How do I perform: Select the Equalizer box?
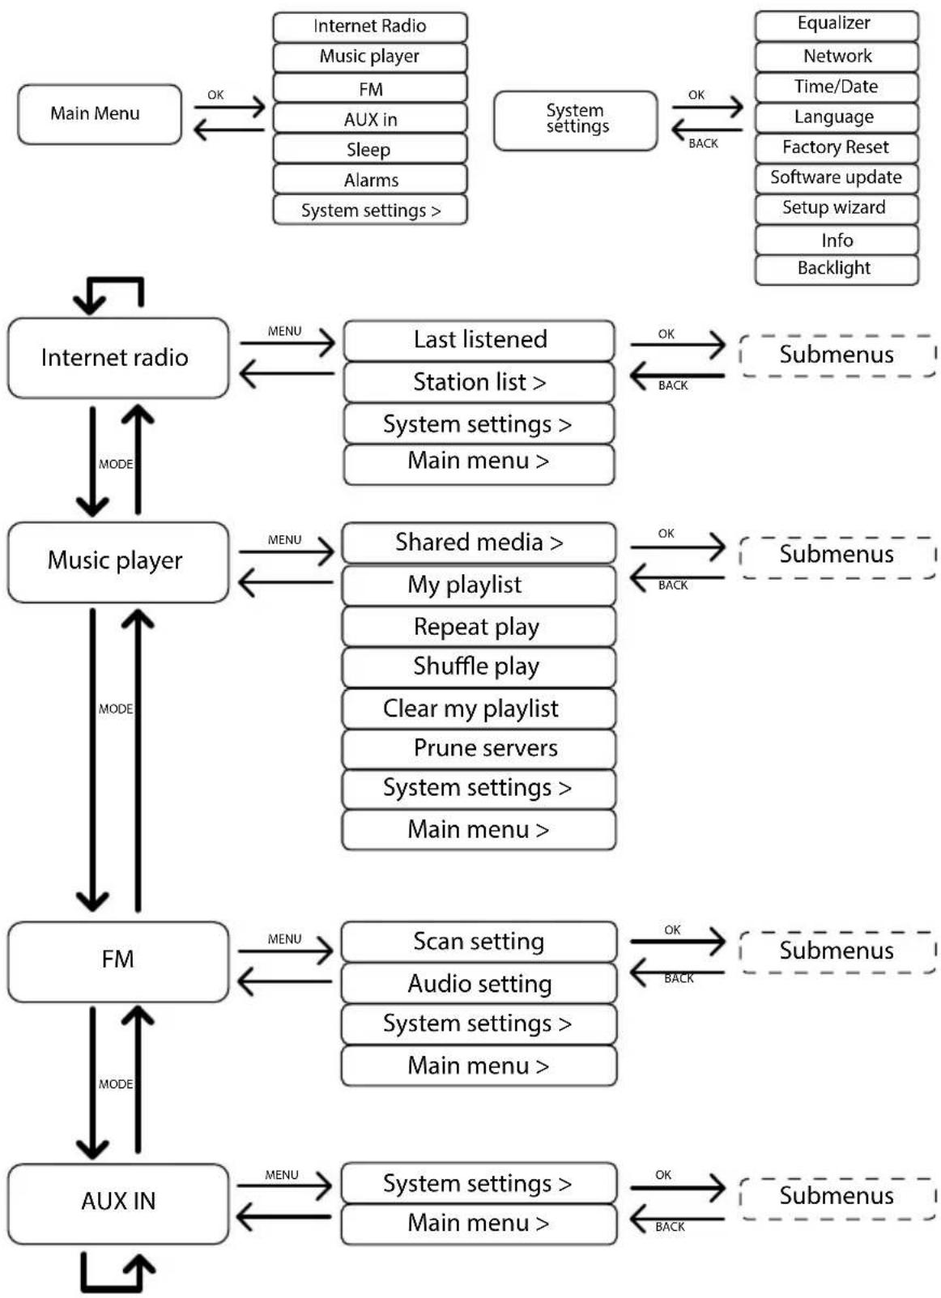click(x=836, y=25)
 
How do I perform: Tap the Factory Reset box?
click(x=836, y=147)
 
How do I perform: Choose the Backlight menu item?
click(x=836, y=270)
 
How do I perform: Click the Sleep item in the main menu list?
click(x=369, y=150)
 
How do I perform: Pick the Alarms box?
click(x=369, y=180)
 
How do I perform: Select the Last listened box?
click(x=479, y=340)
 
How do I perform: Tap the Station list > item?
click(x=479, y=382)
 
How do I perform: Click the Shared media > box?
click(x=479, y=543)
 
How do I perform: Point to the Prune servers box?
click(x=479, y=749)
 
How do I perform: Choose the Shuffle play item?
click(x=479, y=667)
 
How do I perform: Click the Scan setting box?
click(x=479, y=942)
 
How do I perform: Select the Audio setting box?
click(x=479, y=983)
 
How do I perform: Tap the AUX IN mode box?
click(x=118, y=1203)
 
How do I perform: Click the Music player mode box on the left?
click(x=118, y=562)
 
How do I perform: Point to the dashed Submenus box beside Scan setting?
click(x=837, y=952)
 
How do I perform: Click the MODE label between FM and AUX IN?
click(x=116, y=1083)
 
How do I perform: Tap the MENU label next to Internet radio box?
click(x=284, y=331)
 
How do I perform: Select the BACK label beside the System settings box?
click(x=704, y=143)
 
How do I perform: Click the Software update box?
click(x=836, y=178)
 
